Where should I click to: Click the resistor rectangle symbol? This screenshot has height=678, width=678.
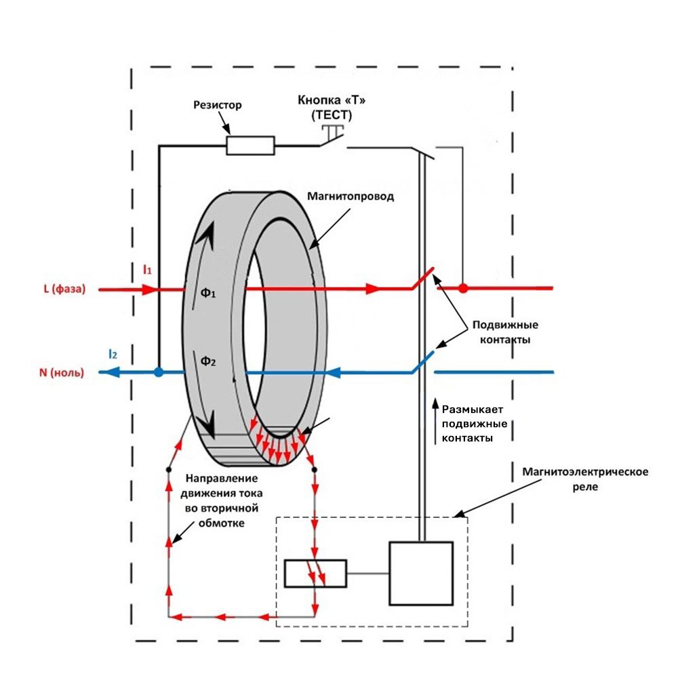point(250,145)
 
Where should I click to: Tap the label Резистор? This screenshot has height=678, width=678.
point(218,105)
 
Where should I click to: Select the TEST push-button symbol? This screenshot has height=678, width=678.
point(332,135)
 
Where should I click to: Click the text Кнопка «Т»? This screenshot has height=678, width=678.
point(332,100)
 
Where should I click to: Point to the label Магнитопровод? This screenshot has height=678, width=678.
point(351,197)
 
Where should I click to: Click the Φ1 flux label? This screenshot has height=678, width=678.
point(208,293)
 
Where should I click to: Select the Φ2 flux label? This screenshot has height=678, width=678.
point(208,361)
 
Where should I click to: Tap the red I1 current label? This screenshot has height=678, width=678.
point(147,270)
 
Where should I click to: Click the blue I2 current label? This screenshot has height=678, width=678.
point(113,354)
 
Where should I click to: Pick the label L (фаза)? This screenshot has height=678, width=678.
point(65,289)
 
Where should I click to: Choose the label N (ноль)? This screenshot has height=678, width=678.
point(62,373)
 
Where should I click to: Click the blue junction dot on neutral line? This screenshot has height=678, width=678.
point(159,372)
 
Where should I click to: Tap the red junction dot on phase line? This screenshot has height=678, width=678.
point(463,288)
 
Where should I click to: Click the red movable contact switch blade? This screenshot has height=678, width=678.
point(422,278)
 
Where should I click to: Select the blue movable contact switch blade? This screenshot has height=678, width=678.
point(422,362)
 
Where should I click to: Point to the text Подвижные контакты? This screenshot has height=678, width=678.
point(505,332)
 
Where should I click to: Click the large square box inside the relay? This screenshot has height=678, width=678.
point(421,574)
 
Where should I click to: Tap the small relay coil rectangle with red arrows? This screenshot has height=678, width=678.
point(315,574)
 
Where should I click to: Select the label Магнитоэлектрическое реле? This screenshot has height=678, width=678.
point(585,479)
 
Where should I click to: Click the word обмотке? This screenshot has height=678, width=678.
point(222,523)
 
